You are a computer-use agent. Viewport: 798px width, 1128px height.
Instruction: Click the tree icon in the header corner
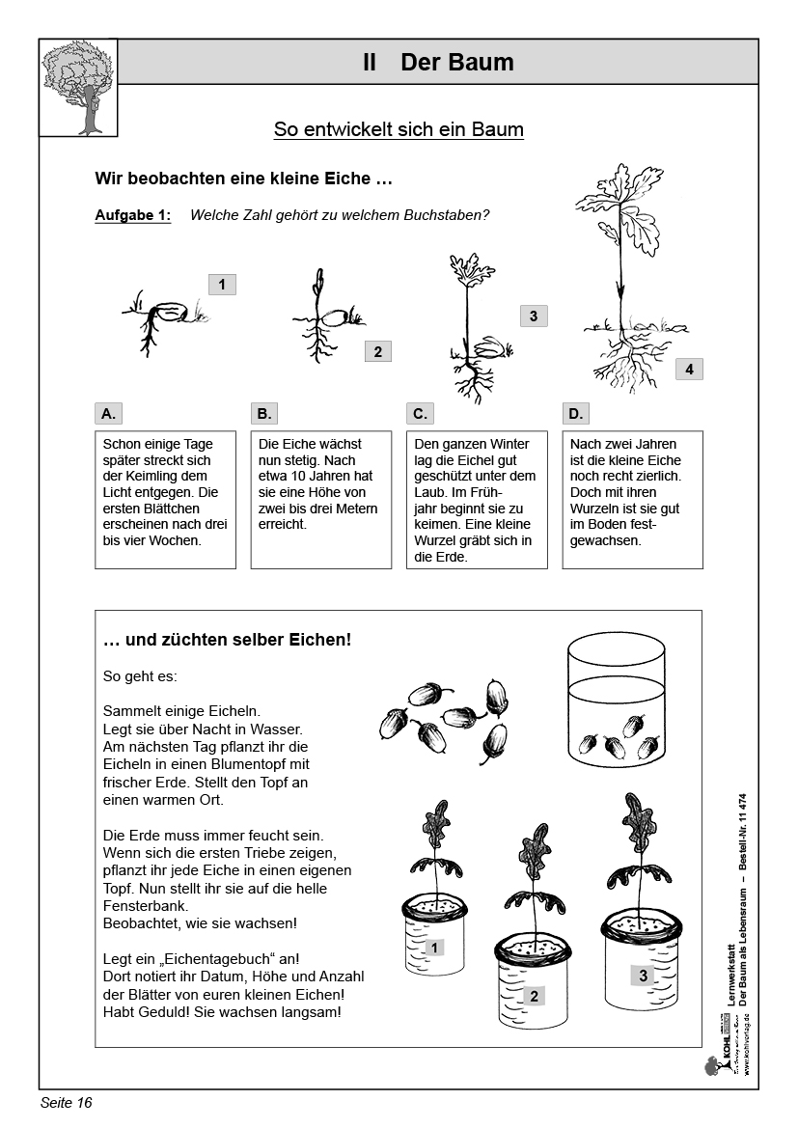click(x=79, y=88)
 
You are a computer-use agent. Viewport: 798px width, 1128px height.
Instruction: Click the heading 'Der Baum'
click(x=456, y=63)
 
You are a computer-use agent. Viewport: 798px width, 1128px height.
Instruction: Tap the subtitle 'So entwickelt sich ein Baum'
click(x=399, y=129)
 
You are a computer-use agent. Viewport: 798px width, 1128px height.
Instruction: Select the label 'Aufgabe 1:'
click(x=133, y=215)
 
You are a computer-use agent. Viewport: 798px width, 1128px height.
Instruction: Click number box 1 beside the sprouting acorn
click(x=222, y=284)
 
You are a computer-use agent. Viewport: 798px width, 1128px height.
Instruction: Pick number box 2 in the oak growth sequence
click(x=377, y=352)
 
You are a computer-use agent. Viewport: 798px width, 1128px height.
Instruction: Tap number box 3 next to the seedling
click(x=533, y=316)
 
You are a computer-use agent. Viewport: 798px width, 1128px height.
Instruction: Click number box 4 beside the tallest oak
click(x=689, y=369)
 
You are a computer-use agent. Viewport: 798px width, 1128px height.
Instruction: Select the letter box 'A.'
click(x=109, y=414)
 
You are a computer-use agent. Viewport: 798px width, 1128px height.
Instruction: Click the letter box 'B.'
click(x=264, y=414)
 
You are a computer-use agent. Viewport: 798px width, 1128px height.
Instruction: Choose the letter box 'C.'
click(x=420, y=414)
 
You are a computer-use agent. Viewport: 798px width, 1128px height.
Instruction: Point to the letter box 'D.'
click(x=576, y=414)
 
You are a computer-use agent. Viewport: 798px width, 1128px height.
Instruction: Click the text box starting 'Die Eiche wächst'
click(x=320, y=499)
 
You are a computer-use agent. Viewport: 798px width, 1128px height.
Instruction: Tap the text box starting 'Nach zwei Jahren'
click(x=632, y=499)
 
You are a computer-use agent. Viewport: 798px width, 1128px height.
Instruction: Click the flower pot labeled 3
click(x=643, y=960)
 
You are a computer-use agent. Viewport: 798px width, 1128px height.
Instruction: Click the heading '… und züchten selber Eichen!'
click(x=227, y=639)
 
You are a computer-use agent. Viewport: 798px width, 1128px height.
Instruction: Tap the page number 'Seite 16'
click(x=67, y=1102)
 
